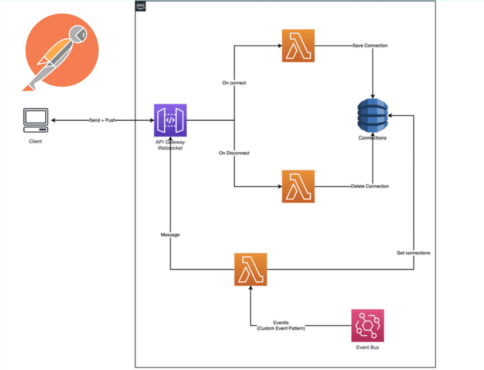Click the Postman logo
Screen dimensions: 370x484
(61, 50)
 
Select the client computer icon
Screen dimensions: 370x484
(36, 120)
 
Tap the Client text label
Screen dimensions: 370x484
(35, 141)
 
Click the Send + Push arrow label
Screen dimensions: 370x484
(102, 120)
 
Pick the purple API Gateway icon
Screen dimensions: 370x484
(170, 120)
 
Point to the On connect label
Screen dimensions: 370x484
(234, 83)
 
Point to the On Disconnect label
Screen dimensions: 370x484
(234, 153)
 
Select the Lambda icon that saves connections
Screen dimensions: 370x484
(298, 46)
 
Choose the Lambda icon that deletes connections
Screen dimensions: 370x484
(298, 186)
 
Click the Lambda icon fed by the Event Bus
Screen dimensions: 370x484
(250, 269)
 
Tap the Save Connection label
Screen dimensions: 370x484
(370, 46)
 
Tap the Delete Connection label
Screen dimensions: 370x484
(370, 186)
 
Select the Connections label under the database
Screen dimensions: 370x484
(372, 138)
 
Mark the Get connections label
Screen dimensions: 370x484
(413, 253)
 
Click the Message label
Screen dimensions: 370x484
(170, 234)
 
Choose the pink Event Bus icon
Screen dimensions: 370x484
(367, 326)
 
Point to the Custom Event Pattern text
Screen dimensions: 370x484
(281, 329)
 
